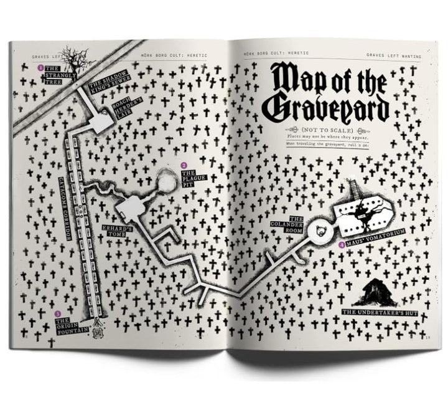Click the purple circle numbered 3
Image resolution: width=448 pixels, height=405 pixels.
click(58, 313)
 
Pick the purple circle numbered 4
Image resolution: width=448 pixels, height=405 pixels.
click(342, 245)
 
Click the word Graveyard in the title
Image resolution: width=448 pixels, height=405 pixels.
click(328, 107)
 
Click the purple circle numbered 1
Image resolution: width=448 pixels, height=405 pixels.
click(40, 67)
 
